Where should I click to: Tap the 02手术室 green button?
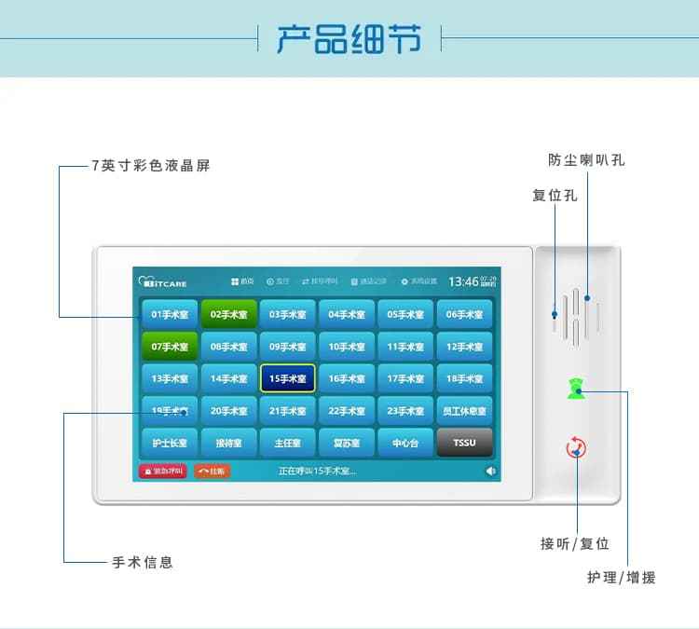tap(228, 315)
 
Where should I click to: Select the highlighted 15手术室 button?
tap(287, 379)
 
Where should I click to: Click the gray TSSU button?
tap(464, 443)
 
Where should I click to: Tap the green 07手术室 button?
tap(170, 347)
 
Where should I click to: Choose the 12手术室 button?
tap(464, 347)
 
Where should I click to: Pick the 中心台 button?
tap(405, 443)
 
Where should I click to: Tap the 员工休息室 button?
tap(464, 411)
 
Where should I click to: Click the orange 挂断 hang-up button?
tap(212, 472)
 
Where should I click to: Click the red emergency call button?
tap(163, 472)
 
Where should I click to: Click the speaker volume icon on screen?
tap(490, 472)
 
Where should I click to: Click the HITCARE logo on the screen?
tap(164, 281)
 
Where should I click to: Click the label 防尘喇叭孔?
tap(586, 160)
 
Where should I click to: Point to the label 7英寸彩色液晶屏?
tap(151, 167)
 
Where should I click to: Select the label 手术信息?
tap(143, 563)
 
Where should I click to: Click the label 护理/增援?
tap(621, 578)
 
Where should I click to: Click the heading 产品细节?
tap(349, 39)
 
